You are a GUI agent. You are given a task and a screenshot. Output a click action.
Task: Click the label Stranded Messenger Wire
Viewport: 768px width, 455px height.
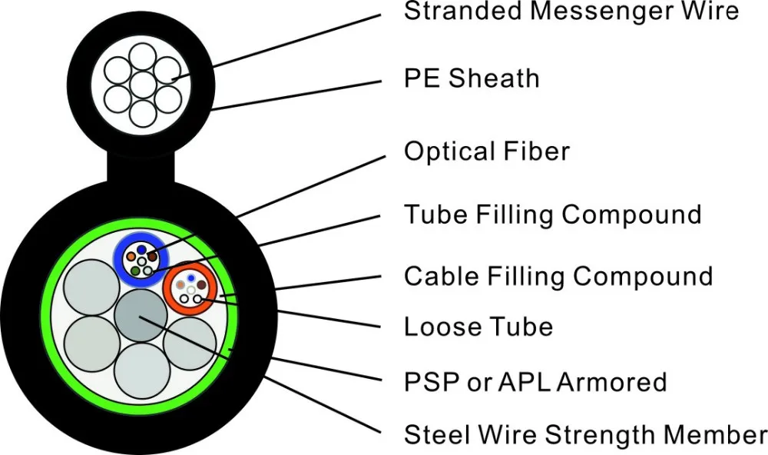(571, 12)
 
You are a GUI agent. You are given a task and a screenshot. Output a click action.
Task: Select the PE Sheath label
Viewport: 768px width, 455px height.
(472, 78)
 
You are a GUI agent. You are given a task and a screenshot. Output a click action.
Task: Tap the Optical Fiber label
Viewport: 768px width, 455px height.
(487, 151)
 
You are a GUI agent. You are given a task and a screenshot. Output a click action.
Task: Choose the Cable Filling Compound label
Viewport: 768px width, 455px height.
(558, 276)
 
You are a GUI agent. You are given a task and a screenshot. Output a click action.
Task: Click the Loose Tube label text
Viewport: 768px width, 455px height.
(478, 327)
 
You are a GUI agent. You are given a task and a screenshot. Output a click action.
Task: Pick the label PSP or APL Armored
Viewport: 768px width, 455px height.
(535, 382)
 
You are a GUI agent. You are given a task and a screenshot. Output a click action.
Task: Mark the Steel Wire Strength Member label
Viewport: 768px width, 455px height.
(585, 434)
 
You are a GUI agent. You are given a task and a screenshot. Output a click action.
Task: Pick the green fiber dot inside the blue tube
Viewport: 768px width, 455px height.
(136, 271)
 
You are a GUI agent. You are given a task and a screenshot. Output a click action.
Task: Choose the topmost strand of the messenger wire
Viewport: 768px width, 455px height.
(141, 56)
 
